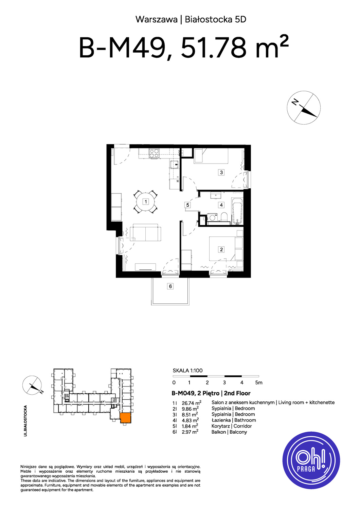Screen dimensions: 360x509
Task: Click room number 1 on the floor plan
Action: pos(146,201)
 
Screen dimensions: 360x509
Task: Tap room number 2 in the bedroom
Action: pos(221,249)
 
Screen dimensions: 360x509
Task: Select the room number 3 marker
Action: pos(221,172)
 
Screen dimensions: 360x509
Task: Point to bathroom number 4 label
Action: pos(221,205)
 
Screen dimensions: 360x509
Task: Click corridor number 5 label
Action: pos(187,205)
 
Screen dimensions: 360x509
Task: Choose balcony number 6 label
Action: pos(170,286)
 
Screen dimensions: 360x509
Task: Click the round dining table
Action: pos(146,202)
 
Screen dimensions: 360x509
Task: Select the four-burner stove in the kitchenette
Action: pos(154,153)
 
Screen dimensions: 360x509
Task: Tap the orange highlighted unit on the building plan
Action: pos(126,418)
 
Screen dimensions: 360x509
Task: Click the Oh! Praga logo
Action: pos(311,460)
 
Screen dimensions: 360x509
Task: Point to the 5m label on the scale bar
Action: pos(259,383)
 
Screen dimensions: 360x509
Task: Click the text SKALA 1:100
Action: pos(187,371)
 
